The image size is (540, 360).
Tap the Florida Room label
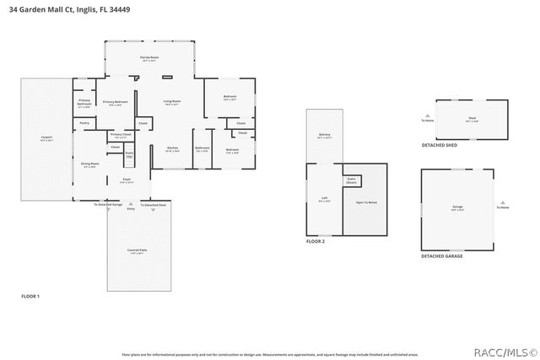click(149, 57)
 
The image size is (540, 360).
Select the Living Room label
click(171, 102)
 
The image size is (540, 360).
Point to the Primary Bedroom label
click(115, 102)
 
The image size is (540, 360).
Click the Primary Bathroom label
click(84, 103)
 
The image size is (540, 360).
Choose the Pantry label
click(84, 123)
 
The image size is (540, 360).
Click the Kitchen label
click(171, 148)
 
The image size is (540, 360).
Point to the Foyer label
click(127, 179)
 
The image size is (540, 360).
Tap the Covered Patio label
click(138, 250)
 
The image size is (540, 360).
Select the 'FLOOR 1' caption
click(30, 296)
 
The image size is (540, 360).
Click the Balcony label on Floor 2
click(325, 134)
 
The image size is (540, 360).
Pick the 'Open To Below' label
click(365, 202)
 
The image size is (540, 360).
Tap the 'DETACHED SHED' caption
click(440, 145)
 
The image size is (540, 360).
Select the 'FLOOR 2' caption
click(316, 241)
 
